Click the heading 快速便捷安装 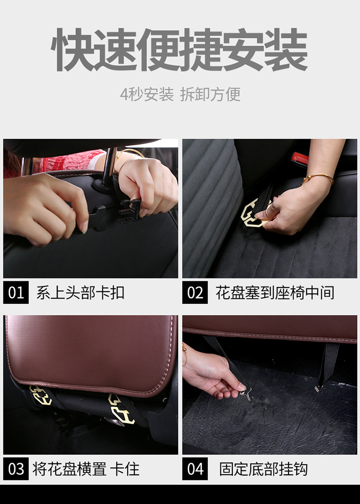pos(180,50)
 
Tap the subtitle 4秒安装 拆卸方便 pos(180,95)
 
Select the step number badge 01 pos(16,292)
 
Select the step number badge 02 pos(195,292)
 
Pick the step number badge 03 pos(16,468)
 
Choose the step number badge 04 pos(195,468)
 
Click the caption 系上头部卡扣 pos(80,293)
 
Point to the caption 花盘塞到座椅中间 pos(275,293)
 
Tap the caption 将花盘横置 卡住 pos(86,469)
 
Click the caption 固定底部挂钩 pos(264,469)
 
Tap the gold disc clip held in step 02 pos(253,213)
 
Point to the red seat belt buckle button pos(300,157)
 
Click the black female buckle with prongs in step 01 pos(130,211)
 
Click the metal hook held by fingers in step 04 pos(247,395)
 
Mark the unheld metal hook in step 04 pos(319,389)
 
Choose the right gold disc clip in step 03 pos(121,409)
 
